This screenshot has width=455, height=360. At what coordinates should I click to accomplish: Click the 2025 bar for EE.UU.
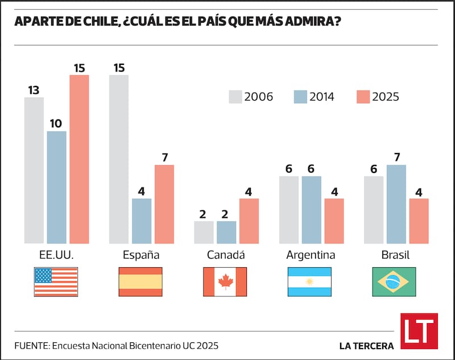pyautogui.click(x=79, y=159)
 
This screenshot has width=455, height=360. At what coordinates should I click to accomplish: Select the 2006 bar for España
pyautogui.click(x=119, y=159)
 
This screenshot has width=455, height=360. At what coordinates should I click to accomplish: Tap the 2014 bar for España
pyautogui.click(x=142, y=221)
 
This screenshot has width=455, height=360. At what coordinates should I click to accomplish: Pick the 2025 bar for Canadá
pyautogui.click(x=249, y=221)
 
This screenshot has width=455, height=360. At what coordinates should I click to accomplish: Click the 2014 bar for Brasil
pyautogui.click(x=396, y=204)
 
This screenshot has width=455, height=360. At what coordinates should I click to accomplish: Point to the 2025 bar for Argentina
pyautogui.click(x=334, y=221)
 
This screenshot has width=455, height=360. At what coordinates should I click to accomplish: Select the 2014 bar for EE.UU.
pyautogui.click(x=56, y=187)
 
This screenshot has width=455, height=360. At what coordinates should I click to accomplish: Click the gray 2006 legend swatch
pyautogui.click(x=235, y=97)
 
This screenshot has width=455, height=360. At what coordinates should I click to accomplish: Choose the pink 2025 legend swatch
pyautogui.click(x=362, y=97)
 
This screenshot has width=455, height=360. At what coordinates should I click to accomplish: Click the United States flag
pyautogui.click(x=56, y=282)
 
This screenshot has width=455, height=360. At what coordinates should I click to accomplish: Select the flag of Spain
pyautogui.click(x=140, y=282)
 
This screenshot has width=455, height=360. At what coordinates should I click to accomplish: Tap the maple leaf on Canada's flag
pyautogui.click(x=225, y=282)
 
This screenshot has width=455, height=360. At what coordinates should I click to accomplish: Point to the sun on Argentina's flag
pyautogui.click(x=310, y=282)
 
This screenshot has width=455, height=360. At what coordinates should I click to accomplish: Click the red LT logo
pyautogui.click(x=419, y=330)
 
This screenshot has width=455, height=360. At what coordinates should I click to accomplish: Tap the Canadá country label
pyautogui.click(x=225, y=255)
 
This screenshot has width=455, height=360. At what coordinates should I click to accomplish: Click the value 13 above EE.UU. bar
pyautogui.click(x=34, y=90)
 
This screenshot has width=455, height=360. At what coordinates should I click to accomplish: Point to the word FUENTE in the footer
pyautogui.click(x=31, y=345)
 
